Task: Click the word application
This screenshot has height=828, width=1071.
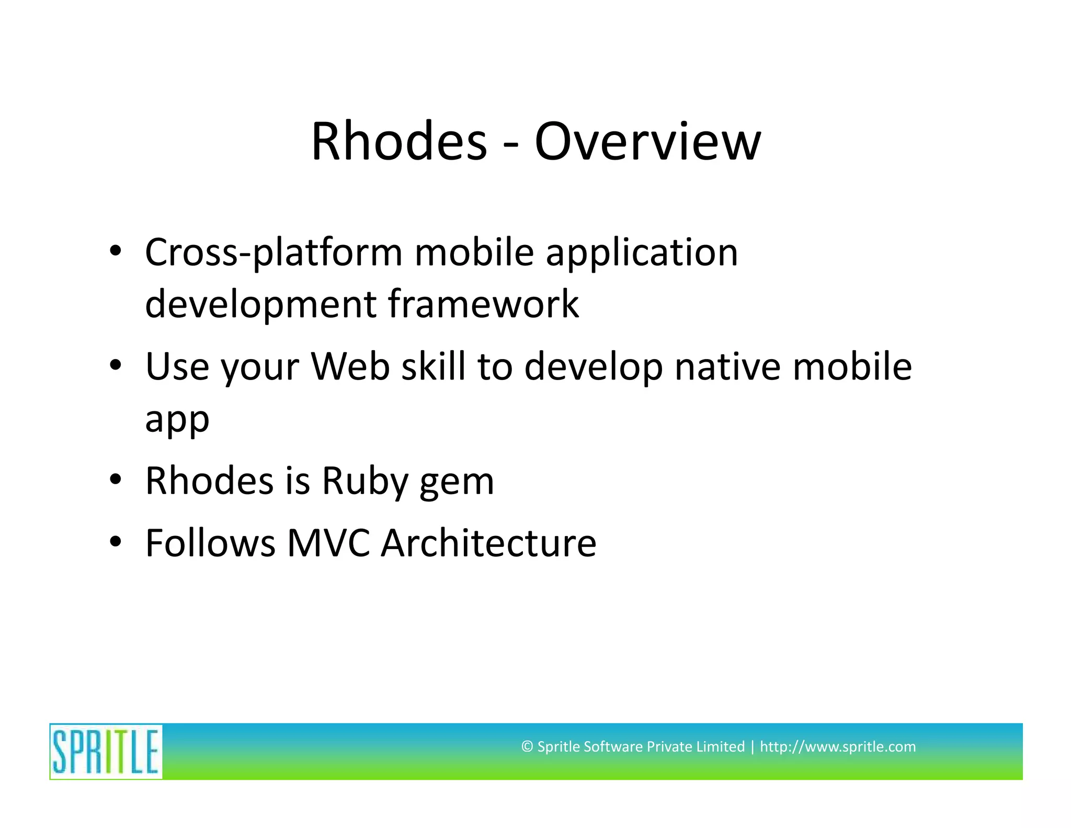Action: (642, 253)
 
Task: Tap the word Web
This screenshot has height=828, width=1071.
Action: (350, 366)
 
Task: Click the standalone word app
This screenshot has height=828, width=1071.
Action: (177, 420)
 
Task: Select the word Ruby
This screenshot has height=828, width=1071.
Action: (364, 480)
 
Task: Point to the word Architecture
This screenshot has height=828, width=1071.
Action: (488, 543)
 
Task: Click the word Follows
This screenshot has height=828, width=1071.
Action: (210, 543)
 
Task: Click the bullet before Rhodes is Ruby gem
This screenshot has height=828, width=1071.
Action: (116, 479)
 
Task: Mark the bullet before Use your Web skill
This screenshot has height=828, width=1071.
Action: (116, 365)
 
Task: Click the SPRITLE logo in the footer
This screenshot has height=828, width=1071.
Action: (106, 752)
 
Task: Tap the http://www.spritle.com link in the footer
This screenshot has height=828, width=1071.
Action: (837, 746)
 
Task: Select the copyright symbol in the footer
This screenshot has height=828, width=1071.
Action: (527, 746)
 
